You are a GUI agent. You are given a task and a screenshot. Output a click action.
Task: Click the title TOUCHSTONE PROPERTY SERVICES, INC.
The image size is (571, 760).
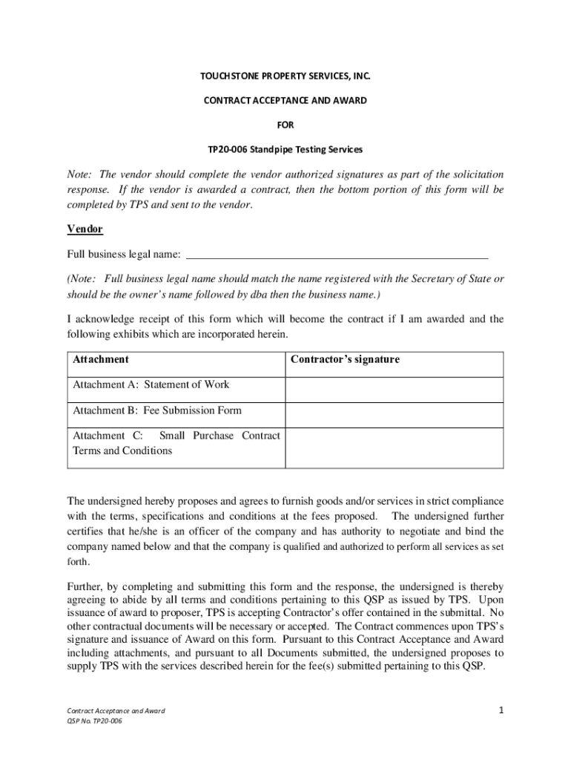285,76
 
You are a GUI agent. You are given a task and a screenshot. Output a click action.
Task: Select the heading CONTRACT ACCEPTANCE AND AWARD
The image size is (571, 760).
285,100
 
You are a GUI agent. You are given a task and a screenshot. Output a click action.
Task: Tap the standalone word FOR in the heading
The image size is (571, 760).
285,125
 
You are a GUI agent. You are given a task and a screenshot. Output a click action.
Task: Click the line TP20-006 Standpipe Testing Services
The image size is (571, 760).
285,149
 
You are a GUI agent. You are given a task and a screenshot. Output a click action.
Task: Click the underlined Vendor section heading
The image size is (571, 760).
85,229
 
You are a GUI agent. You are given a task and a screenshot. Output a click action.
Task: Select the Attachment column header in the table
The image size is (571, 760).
101,360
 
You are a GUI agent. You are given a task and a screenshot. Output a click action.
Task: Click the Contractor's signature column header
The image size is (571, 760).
345,360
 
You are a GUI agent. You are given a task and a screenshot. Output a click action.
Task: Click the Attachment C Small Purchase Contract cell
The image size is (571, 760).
176,443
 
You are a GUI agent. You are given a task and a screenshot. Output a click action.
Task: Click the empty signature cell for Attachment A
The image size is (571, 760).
394,389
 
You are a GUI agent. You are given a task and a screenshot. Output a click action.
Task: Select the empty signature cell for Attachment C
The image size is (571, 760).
394,447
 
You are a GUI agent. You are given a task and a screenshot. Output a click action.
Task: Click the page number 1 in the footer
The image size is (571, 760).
501,710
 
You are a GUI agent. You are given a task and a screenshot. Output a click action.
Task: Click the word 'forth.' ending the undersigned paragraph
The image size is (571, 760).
80,562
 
